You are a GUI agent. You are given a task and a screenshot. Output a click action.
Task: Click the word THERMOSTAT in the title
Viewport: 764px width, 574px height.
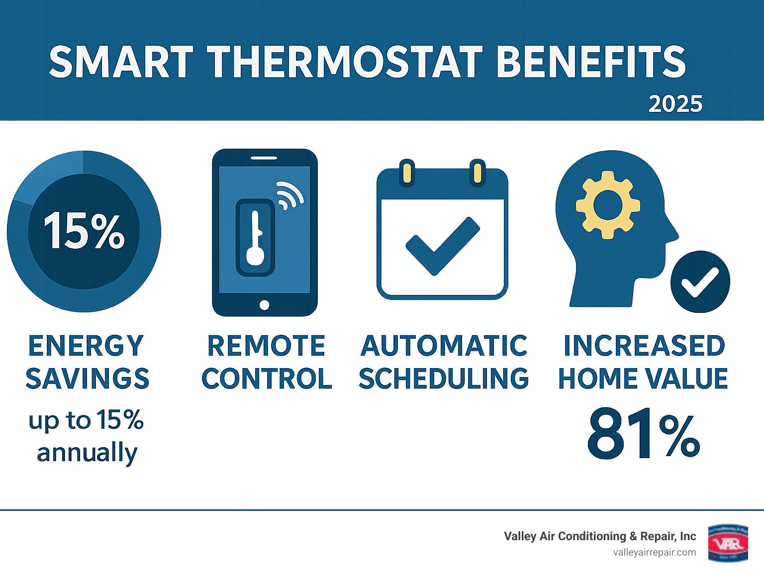tap(345, 62)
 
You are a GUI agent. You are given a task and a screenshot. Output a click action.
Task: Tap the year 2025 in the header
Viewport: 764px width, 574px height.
tap(675, 104)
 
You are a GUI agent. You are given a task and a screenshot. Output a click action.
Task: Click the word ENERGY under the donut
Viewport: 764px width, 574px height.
tap(86, 346)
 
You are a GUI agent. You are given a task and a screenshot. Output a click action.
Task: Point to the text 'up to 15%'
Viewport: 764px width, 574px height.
tap(86, 420)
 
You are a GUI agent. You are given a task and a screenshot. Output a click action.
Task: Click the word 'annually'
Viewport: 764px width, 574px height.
tap(87, 453)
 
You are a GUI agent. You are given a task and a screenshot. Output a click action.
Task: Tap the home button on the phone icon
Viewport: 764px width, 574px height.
tap(265, 305)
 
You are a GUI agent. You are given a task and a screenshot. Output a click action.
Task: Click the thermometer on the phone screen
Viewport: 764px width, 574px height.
tap(256, 238)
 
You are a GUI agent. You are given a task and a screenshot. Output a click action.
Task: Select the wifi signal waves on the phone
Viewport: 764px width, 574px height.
tap(289, 195)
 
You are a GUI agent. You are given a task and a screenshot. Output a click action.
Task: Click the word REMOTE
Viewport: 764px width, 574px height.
tap(266, 346)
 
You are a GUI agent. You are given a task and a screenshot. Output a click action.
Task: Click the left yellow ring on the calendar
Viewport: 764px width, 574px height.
tap(407, 172)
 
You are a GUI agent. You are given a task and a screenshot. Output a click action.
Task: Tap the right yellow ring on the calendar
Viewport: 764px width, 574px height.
tap(477, 172)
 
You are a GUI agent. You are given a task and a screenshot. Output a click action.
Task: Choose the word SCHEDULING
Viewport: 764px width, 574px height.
tap(444, 379)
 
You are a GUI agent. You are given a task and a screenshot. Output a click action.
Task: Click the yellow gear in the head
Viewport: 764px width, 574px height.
tap(608, 204)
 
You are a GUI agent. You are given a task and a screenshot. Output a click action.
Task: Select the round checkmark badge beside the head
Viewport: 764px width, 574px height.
tap(700, 282)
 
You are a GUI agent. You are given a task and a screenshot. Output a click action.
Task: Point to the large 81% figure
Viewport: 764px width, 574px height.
tap(644, 434)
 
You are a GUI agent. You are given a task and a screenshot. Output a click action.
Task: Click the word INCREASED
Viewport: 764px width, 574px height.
tap(644, 346)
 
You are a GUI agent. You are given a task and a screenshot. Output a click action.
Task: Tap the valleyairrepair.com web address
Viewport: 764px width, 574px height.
tap(655, 552)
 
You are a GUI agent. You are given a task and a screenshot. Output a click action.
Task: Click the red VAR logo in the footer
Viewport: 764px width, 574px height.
tap(728, 543)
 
